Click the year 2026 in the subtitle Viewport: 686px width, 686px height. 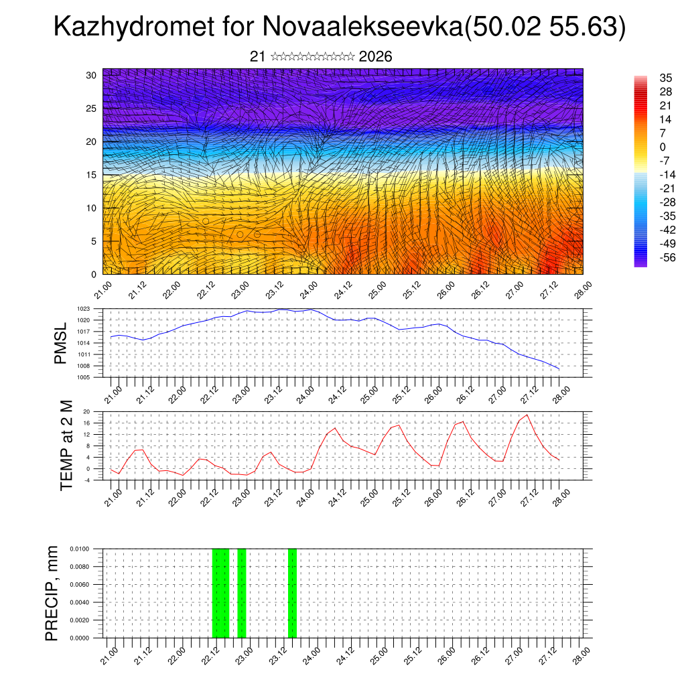pyautogui.click(x=375, y=57)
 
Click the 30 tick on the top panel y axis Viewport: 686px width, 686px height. pyautogui.click(x=90, y=75)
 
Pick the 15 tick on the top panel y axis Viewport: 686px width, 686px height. pyautogui.click(x=90, y=175)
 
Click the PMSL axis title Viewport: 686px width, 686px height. pyautogui.click(x=61, y=343)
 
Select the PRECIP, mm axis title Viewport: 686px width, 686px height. pyautogui.click(x=52, y=593)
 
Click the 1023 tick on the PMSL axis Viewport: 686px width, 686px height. pyautogui.click(x=83, y=309)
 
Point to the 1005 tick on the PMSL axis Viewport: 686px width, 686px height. pyautogui.click(x=83, y=378)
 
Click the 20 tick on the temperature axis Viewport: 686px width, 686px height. pyautogui.click(x=86, y=411)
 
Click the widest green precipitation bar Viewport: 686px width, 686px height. pyautogui.click(x=220, y=593)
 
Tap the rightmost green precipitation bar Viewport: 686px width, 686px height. pyautogui.click(x=292, y=593)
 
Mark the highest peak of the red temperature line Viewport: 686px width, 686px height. pyautogui.click(x=527, y=415)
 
